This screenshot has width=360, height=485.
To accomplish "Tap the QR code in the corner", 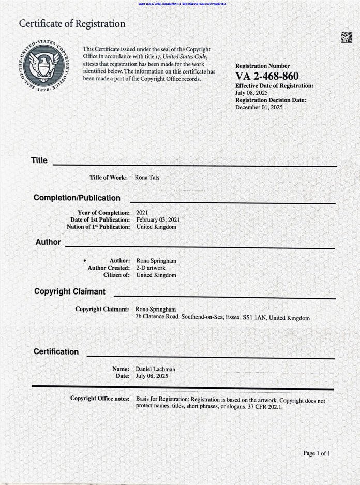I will coord(347,37).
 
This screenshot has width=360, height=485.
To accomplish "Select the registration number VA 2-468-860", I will coord(267,77).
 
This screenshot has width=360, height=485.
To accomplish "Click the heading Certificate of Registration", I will coord(72,24).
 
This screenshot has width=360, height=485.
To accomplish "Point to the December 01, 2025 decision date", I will coord(259,107).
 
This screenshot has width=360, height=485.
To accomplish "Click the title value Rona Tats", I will coord(147,178).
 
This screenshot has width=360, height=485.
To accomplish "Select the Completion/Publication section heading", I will coord(77,198).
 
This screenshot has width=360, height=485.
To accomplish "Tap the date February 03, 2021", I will coord(158,220).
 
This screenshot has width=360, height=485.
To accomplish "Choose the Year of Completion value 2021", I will coord(142,213).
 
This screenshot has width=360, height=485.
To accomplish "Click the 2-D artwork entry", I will coord(151,268).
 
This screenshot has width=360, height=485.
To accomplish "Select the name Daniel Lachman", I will coord(155,369).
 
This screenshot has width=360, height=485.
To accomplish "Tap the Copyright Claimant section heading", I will coord(69,291).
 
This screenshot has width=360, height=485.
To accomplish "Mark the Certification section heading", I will coord(56,351).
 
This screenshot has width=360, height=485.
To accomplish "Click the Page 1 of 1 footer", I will coord(317,453).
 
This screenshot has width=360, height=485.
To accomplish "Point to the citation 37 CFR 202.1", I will coord(261,407).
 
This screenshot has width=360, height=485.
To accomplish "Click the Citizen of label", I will coord(116,275).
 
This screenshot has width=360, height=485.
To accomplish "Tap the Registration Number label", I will coord(262,66).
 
